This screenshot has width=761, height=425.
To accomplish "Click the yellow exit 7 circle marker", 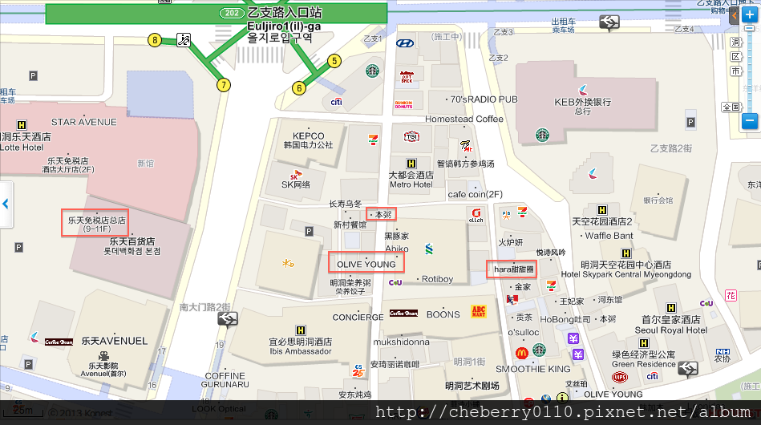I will coord(224,84).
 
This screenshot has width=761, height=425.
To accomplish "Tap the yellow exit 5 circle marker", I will coord(335,60).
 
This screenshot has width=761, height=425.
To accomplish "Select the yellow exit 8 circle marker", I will coord(154,39).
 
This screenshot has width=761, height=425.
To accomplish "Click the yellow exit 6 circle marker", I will coord(299,88).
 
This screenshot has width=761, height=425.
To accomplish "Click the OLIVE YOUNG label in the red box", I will coord(366,264).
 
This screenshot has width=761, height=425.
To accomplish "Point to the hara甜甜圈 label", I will coord(512,269).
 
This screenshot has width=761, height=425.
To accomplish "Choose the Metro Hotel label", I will coord(411,184).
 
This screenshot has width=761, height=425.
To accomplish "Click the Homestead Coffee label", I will coord(464,119).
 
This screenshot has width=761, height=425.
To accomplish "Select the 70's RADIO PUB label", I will coord(484,99).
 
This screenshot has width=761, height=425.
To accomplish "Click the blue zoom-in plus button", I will coord(749,15).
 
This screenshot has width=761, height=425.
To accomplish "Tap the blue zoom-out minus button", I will coord(749,121).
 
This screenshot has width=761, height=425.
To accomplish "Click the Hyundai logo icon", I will coord(405,43).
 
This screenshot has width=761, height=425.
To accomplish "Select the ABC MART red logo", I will coord(479,311).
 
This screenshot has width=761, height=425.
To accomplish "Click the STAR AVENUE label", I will coord(83,122).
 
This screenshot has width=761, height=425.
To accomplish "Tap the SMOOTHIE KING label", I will coord(533,369).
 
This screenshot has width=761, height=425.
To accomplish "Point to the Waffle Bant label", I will coord(609,236).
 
